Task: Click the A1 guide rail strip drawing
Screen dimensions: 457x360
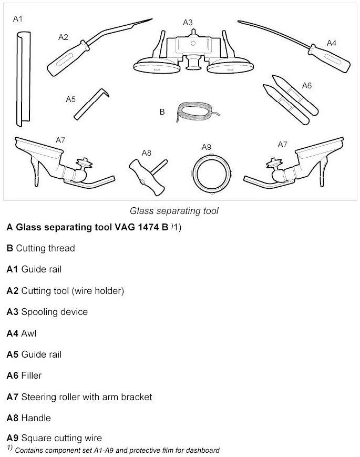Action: point(23,79)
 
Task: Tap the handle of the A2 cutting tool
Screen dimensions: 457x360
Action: point(66,58)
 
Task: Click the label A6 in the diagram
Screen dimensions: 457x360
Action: point(307,85)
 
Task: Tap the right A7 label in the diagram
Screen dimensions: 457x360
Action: point(282,144)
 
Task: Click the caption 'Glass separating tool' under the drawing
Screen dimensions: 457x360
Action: point(174,211)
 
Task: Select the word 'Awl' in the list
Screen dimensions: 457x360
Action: point(29,333)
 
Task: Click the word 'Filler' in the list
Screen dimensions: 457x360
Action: point(31,375)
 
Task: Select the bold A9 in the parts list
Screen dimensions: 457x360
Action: point(12,438)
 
